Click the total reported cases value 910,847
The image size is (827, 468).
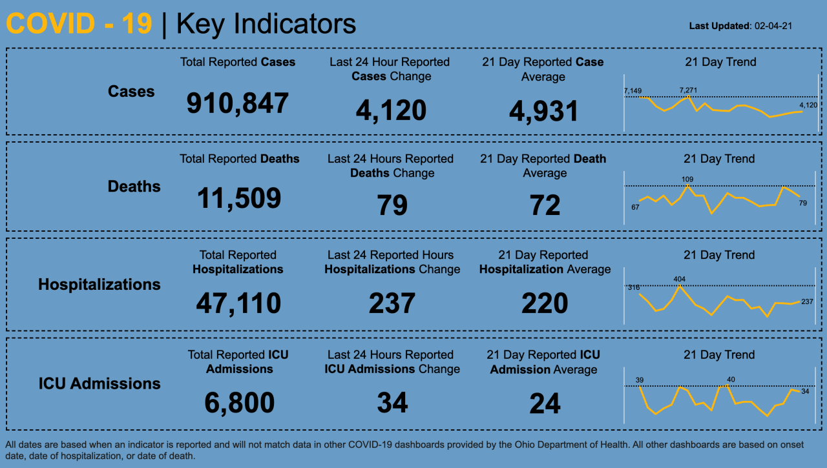237,103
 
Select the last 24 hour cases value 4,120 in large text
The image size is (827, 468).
391,110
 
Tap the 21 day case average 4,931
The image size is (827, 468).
543,112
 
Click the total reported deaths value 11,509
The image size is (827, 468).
239,198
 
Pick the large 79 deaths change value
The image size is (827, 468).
392,205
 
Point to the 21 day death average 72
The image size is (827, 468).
545,205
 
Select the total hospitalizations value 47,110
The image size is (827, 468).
238,303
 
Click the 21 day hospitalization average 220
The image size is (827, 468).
545,303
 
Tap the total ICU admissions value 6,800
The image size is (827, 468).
239,403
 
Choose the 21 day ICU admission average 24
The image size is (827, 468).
545,403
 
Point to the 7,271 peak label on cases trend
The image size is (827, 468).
688,90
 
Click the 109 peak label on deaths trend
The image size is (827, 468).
687,179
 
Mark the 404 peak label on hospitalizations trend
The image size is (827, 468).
679,280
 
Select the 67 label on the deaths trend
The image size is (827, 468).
635,207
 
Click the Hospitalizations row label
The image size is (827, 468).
99,285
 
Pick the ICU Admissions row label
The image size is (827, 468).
99,383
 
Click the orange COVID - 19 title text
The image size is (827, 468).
79,25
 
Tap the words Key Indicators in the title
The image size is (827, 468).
266,25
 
